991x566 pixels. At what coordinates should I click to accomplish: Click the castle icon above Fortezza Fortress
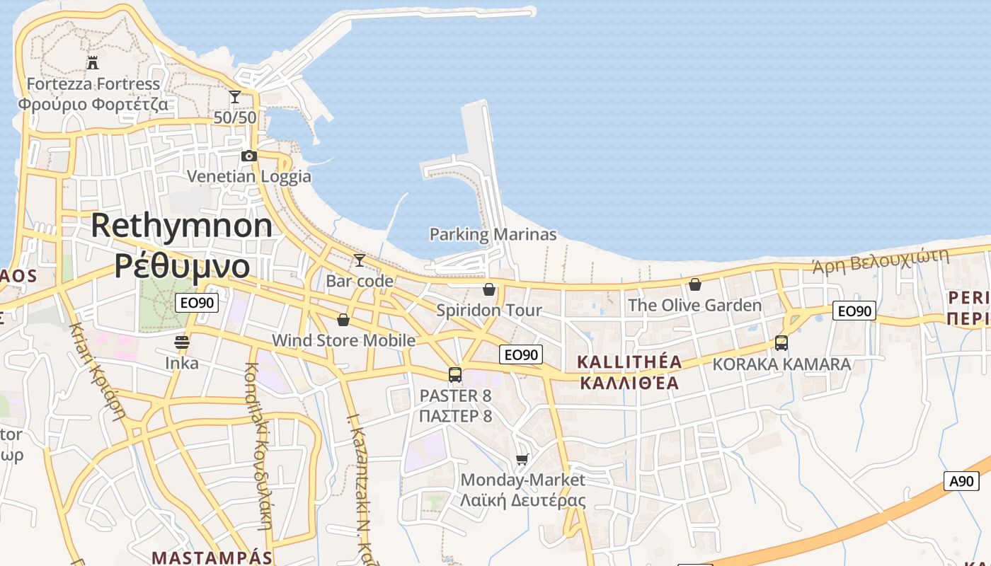[x=93, y=62]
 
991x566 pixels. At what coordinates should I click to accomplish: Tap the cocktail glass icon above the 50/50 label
[x=235, y=96]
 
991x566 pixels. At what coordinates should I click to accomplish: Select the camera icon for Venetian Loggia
[x=248, y=156]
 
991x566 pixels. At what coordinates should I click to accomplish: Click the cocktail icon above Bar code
[x=360, y=260]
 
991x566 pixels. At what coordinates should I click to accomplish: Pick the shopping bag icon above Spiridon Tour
[x=488, y=289]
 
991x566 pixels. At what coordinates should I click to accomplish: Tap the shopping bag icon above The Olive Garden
[x=695, y=284]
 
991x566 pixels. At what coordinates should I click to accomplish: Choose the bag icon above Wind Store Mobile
[x=343, y=320]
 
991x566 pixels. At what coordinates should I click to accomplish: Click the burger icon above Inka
[x=182, y=343]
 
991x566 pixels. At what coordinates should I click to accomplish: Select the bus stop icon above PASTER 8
[x=455, y=375]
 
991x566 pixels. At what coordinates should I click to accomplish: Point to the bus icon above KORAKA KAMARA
[x=781, y=343]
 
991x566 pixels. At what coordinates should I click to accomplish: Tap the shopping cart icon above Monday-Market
[x=522, y=460]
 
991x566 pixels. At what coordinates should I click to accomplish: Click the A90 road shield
[x=961, y=481]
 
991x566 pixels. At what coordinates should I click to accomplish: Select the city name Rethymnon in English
[x=182, y=226]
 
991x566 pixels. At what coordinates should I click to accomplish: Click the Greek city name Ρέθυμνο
[x=182, y=266]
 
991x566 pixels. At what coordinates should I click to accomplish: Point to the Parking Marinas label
[x=493, y=234]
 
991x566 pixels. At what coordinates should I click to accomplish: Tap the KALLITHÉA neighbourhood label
[x=629, y=362]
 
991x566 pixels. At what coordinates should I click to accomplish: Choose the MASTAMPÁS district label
[x=212, y=558]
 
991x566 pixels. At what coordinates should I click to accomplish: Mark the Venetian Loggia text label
[x=249, y=176]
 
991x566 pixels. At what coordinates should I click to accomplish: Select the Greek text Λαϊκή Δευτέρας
[x=522, y=500]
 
